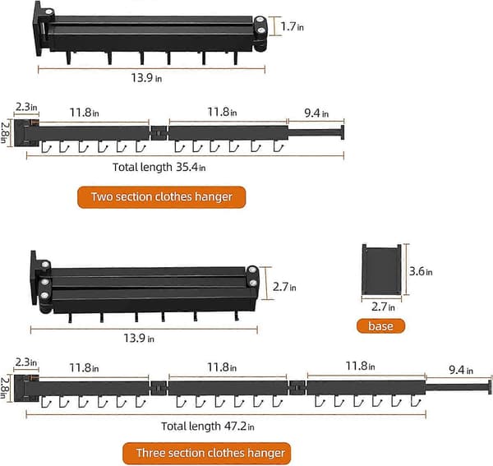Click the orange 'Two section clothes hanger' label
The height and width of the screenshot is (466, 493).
[161, 197]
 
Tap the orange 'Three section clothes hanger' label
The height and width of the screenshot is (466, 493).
[206, 453]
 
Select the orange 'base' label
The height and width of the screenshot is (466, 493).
[380, 326]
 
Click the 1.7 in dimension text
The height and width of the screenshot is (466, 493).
[292, 27]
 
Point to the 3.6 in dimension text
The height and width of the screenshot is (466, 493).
[421, 271]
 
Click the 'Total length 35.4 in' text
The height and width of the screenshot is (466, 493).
[159, 167]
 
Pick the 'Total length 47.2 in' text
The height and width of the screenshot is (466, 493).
[208, 427]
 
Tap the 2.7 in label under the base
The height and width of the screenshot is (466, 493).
[383, 307]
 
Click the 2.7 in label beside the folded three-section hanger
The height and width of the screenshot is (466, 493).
[284, 287]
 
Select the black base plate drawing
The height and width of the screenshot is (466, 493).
[381, 269]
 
